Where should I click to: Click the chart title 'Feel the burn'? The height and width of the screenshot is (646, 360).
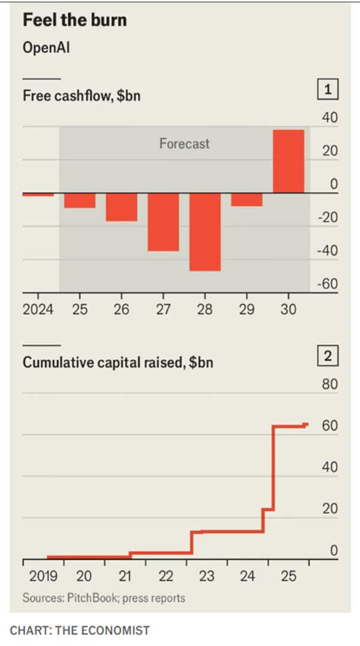click(74, 20)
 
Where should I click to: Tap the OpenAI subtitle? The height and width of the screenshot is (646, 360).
click(46, 48)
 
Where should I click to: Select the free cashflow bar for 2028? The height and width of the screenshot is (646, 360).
click(205, 232)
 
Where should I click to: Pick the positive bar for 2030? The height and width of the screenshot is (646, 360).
click(289, 161)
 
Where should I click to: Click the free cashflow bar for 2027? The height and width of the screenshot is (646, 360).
click(163, 222)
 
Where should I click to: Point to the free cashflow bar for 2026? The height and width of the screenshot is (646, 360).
click(122, 207)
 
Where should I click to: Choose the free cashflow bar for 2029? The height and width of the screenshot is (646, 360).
click(247, 200)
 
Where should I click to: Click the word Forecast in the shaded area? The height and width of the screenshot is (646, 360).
click(184, 143)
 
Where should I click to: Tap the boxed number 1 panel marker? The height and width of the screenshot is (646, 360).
click(328, 91)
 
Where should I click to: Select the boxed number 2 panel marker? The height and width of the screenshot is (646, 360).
click(328, 356)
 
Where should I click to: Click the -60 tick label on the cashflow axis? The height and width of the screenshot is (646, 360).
click(327, 284)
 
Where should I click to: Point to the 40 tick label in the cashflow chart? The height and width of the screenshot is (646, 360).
click(330, 118)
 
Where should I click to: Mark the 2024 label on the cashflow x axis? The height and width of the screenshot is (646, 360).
click(38, 310)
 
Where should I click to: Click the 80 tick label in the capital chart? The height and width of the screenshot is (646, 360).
click(330, 384)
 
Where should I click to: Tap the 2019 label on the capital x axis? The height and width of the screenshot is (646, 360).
click(43, 576)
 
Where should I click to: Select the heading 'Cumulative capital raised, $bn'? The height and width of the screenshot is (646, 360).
click(118, 362)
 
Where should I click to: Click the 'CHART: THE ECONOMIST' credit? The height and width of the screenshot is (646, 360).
click(80, 630)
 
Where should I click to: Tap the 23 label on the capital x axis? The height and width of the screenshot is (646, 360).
click(206, 576)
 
